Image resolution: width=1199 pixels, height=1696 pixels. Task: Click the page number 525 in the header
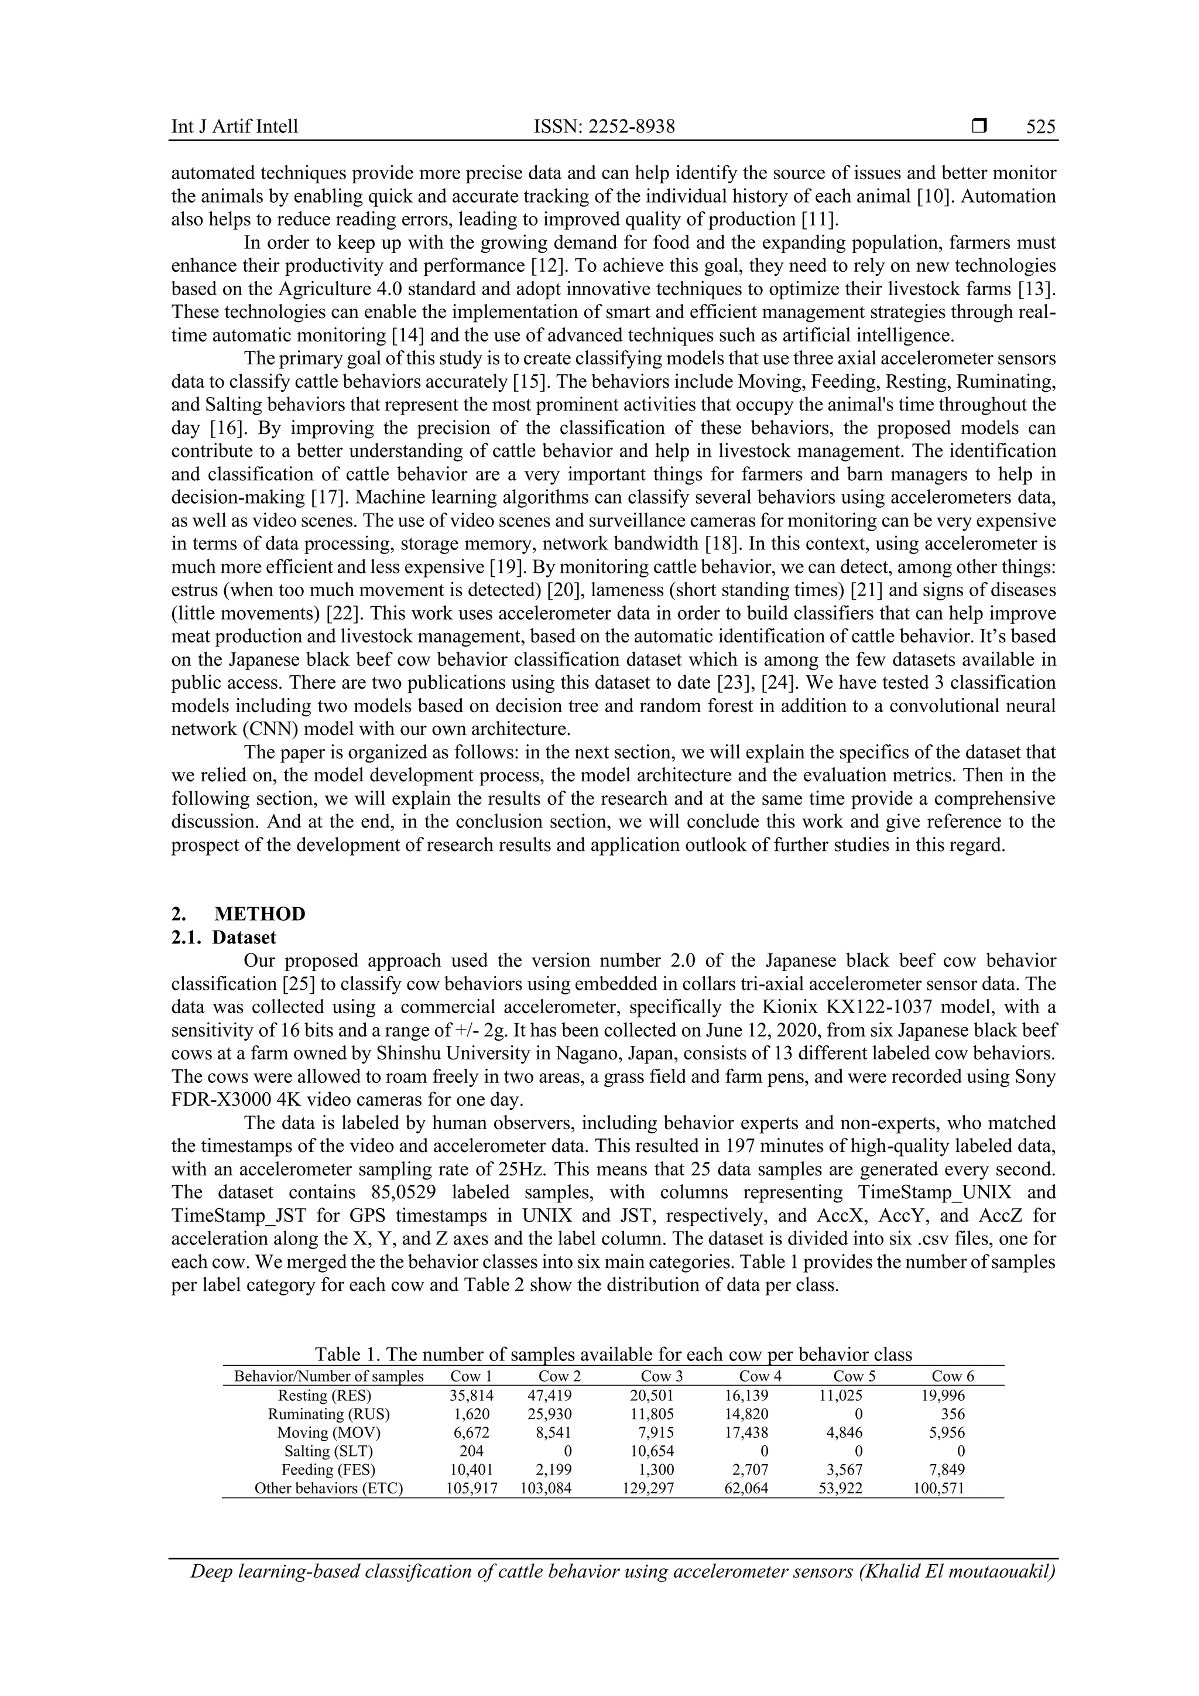(x=1041, y=127)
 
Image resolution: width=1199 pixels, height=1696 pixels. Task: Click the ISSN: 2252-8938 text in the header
(x=604, y=127)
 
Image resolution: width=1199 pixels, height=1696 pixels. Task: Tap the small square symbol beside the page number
(x=979, y=127)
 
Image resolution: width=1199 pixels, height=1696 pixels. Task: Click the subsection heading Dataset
(x=244, y=938)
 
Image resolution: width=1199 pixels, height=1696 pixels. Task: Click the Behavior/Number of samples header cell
(x=328, y=1376)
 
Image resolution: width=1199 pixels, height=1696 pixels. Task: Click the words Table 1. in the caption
(x=347, y=1354)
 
